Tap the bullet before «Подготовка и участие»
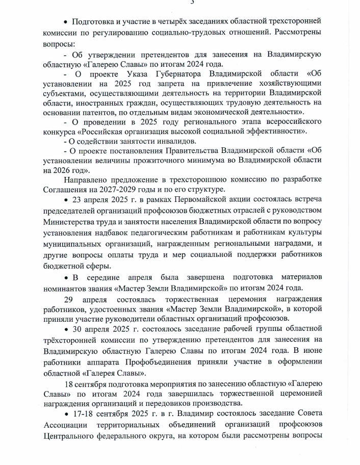tap(66, 22)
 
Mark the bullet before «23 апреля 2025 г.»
tap(66, 200)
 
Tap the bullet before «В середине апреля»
tap(66, 277)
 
